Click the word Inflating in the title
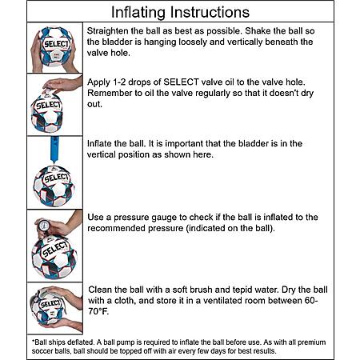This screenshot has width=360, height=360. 138,13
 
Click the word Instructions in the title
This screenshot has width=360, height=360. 210,12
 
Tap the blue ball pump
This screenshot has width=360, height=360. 54,150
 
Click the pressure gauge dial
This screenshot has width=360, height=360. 44,226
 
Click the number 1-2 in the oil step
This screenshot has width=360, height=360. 119,82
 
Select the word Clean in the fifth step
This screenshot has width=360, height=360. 98,290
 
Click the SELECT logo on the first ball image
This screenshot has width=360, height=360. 56,44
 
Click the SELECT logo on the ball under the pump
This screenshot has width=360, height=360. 56,178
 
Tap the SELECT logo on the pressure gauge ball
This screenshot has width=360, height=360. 54,249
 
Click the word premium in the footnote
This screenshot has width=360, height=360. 312,342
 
